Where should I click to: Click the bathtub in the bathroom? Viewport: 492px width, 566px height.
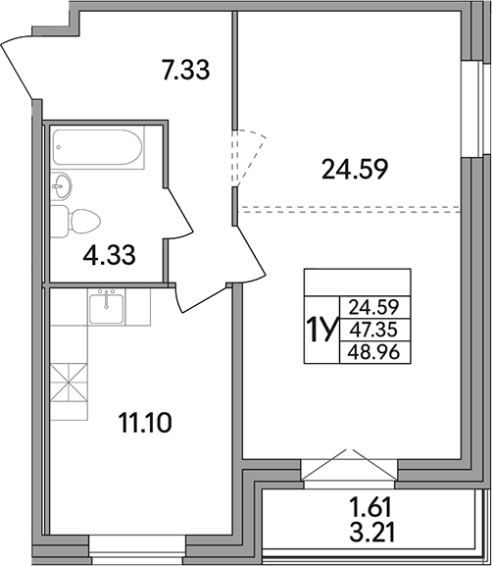(x=96, y=149)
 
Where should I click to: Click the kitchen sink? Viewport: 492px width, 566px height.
(x=106, y=308)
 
